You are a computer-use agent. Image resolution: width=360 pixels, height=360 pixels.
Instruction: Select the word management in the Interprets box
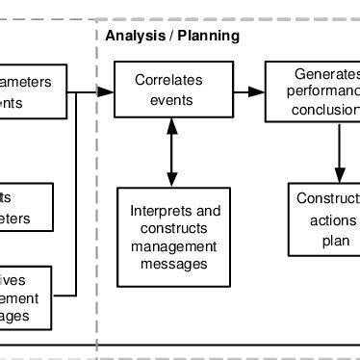(x=175, y=245)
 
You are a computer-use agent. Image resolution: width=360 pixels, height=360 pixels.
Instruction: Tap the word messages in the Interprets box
(x=175, y=263)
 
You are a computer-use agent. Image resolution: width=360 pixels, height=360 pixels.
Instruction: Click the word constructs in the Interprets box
(x=175, y=228)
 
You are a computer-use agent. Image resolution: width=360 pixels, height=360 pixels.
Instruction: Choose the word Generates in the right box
(x=326, y=75)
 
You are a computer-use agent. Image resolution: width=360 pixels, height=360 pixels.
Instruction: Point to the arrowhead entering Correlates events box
(x=107, y=91)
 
